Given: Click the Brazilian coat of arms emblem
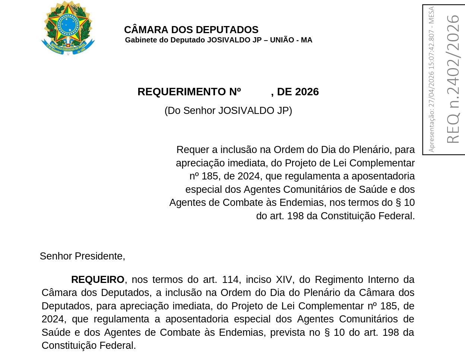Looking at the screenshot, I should point(68,28).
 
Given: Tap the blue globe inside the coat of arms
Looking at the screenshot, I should point(68,24).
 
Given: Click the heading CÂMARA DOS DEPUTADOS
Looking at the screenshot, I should point(191,30).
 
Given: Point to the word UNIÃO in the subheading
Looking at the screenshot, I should point(282,40).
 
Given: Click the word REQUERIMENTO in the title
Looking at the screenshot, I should point(181,92).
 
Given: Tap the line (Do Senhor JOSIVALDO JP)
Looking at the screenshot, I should point(228,111).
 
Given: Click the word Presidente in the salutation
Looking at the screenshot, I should point(100,256).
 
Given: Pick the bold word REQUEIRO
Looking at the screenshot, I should point(98,280).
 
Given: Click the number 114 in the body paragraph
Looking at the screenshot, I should point(230,280).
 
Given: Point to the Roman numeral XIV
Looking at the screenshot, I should point(284,280).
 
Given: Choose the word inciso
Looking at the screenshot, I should point(259,280).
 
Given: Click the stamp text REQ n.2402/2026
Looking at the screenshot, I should point(453,79).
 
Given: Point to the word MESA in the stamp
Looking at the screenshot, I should point(431,15).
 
